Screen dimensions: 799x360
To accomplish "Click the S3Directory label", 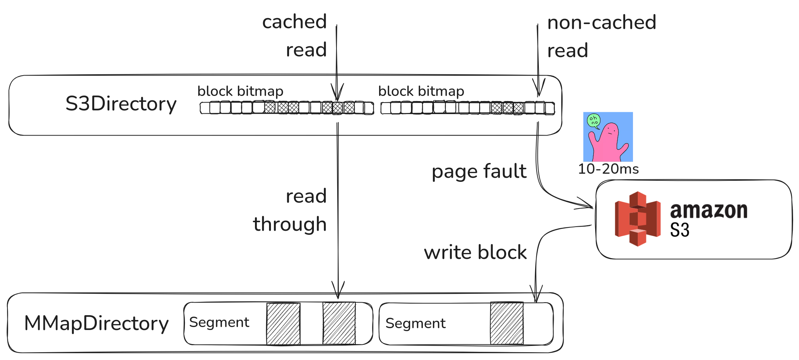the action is click(x=121, y=103).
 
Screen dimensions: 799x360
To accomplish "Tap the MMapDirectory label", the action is click(x=96, y=323).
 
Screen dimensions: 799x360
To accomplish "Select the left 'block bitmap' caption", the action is click(x=240, y=91).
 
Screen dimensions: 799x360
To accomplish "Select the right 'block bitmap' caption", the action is click(x=421, y=91).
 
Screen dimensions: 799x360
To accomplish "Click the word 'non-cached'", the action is click(x=602, y=22).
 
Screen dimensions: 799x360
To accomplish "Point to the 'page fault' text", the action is click(x=479, y=171).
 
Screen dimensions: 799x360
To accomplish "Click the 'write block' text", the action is click(x=475, y=252).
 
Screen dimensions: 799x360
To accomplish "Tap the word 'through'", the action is click(x=290, y=224).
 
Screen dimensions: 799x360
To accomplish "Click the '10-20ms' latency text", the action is click(x=609, y=169).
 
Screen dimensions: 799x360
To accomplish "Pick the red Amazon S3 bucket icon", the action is click(x=637, y=219).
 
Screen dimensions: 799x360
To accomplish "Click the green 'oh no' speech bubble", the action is click(x=594, y=121).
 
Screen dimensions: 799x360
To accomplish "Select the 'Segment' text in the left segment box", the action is click(x=219, y=322).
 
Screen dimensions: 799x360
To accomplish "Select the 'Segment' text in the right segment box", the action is click(x=415, y=323).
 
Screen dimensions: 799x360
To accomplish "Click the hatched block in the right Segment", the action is click(x=507, y=323).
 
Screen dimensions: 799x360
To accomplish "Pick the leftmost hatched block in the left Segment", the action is click(x=283, y=324).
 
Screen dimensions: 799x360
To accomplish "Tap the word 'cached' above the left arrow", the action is click(x=295, y=21).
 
